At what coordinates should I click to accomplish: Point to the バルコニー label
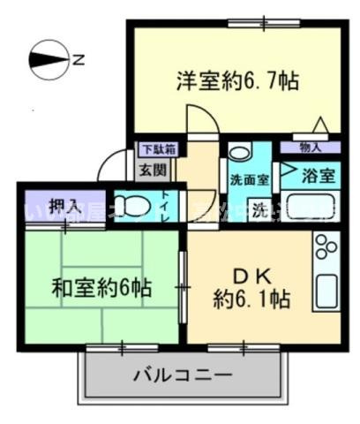pos(183,375)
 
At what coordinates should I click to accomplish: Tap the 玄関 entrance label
pos(146,169)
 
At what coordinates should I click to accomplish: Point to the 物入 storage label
pos(311,148)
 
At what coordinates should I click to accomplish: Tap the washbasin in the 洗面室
pos(240,152)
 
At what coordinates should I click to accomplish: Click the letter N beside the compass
pos(79,60)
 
